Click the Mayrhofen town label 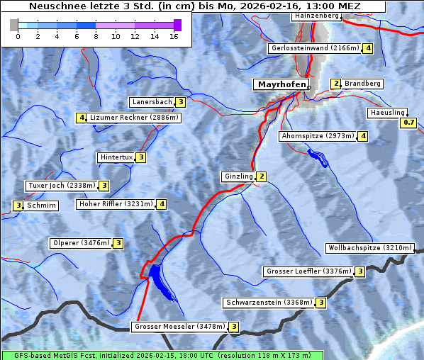coord(281,84)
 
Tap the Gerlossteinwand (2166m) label coord(316,48)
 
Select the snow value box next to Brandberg coord(336,84)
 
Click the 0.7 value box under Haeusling coord(408,123)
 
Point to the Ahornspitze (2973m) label coord(318,135)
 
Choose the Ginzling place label coord(238,176)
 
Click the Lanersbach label coord(152,102)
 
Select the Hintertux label coord(117,157)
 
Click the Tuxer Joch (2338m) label coord(62,186)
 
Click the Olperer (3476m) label coord(82,243)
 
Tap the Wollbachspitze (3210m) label coord(369,248)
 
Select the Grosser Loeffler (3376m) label coord(308,271)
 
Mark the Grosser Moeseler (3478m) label coord(179,327)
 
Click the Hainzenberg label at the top coord(316,15)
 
